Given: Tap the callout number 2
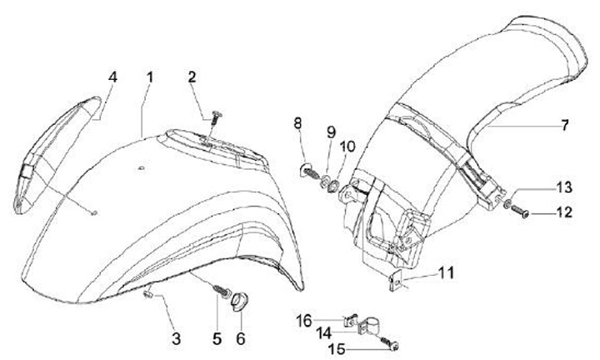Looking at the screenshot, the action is (192, 78).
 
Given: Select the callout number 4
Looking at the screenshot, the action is (113, 77).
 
